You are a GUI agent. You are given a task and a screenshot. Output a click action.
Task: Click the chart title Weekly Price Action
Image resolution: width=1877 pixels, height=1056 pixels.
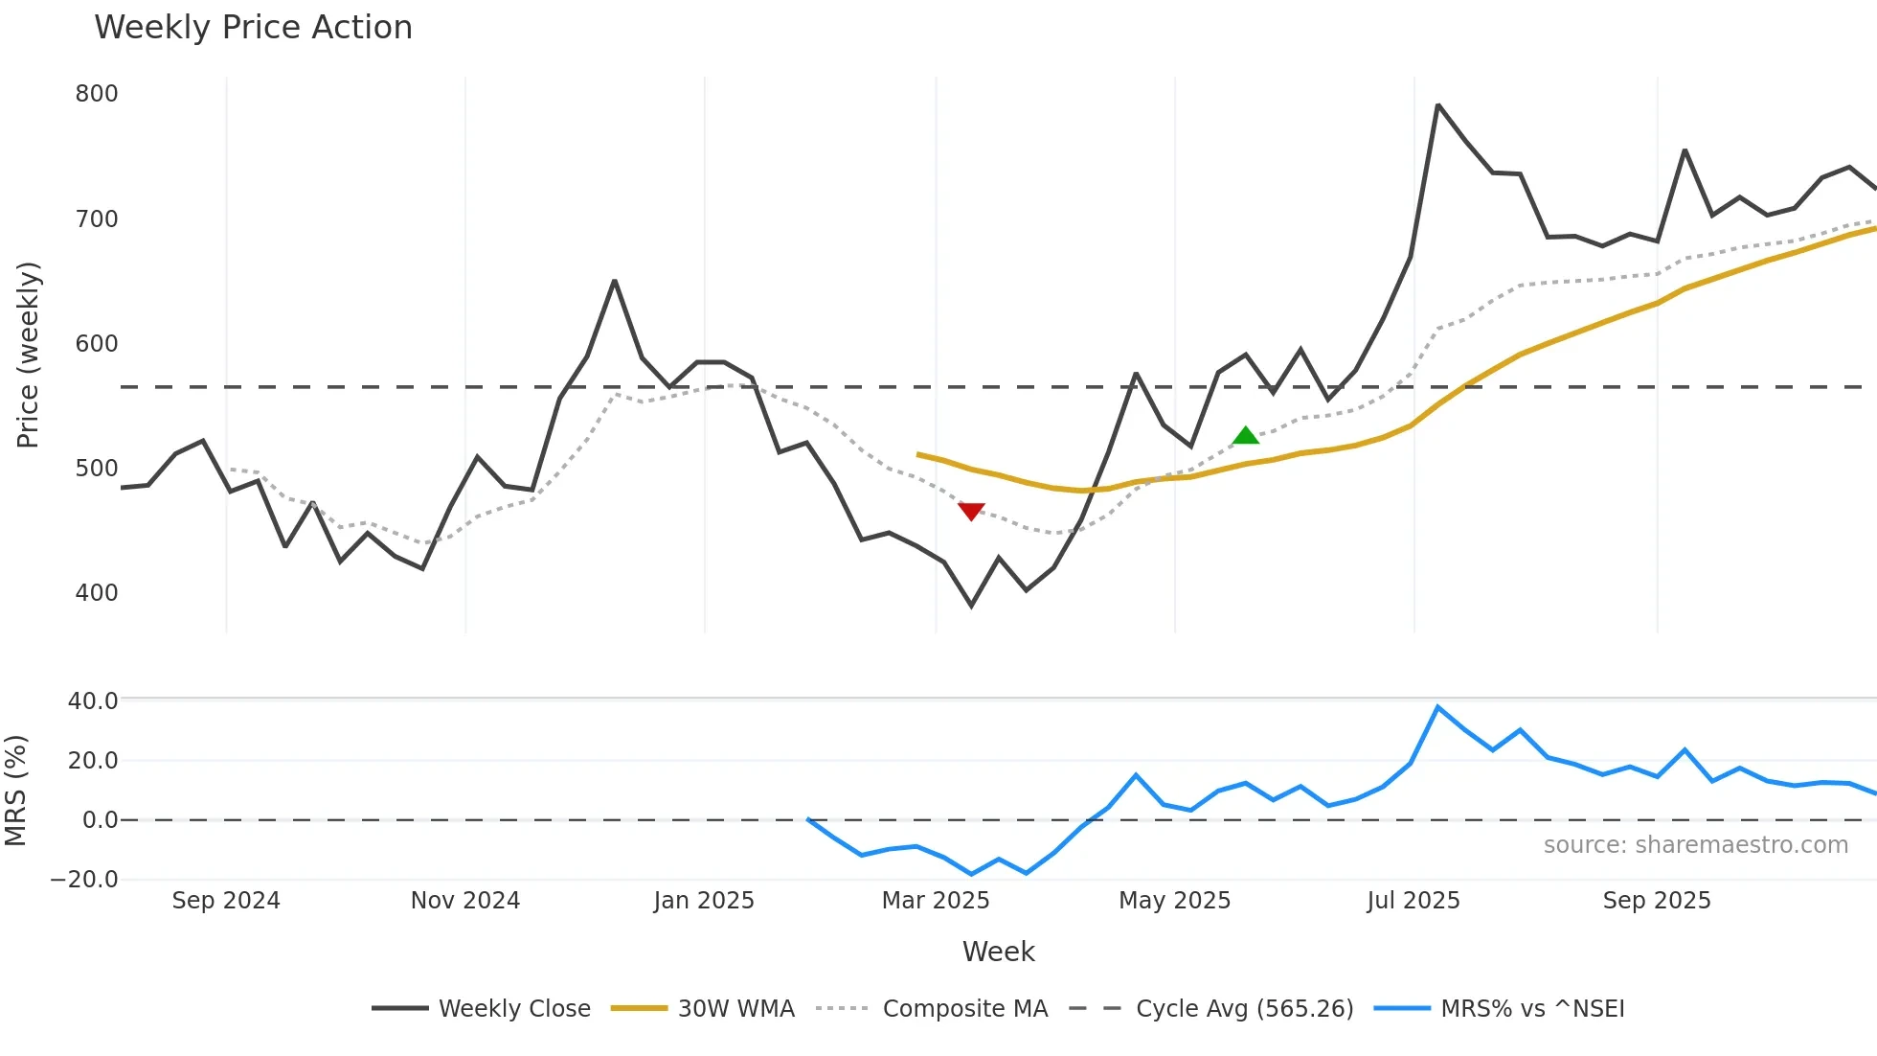(253, 28)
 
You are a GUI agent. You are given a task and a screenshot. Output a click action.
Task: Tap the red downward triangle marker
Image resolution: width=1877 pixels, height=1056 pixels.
(971, 512)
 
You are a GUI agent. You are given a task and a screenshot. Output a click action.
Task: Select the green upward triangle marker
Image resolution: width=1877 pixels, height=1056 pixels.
(1245, 436)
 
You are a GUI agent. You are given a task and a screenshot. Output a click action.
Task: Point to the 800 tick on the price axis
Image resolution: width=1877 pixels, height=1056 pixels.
(97, 94)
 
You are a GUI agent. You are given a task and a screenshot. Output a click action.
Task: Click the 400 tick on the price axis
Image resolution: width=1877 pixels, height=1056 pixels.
(97, 593)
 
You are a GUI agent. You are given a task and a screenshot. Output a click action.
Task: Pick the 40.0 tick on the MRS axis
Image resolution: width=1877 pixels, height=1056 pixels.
(93, 701)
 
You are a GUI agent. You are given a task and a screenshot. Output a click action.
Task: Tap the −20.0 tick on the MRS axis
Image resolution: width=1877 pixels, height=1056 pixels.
(84, 880)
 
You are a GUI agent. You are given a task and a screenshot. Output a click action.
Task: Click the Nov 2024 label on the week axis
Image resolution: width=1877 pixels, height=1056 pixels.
(465, 901)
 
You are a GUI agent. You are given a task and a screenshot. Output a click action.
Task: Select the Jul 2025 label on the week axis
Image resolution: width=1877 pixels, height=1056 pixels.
(1413, 901)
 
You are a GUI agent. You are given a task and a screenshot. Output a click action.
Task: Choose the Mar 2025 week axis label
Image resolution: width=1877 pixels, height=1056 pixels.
(936, 901)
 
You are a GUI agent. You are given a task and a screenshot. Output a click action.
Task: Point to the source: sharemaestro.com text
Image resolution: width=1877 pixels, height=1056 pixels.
(1695, 845)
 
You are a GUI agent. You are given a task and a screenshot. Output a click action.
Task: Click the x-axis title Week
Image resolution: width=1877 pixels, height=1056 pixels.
(998, 952)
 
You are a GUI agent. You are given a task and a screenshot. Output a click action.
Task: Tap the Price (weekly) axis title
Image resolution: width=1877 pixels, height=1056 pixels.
(28, 355)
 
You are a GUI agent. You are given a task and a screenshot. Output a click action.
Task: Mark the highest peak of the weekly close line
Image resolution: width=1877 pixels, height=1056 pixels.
(1437, 105)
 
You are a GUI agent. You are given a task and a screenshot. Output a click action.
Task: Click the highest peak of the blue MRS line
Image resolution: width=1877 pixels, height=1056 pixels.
(1437, 707)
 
